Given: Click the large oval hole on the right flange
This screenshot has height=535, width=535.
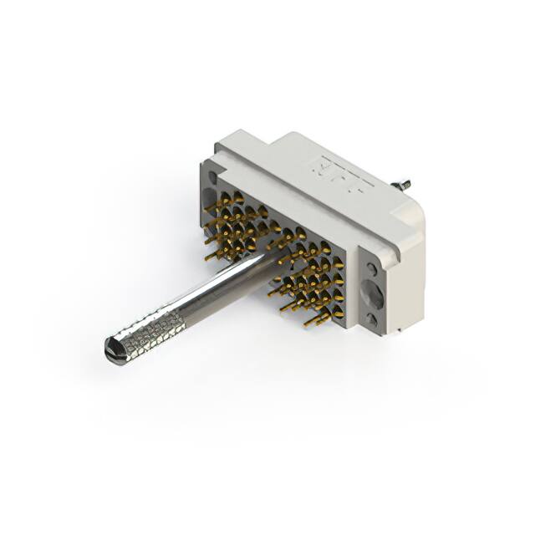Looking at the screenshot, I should point(372,294).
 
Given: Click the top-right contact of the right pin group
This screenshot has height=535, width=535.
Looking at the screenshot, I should point(337,262).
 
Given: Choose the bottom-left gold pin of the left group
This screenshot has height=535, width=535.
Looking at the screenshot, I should point(211,255).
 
